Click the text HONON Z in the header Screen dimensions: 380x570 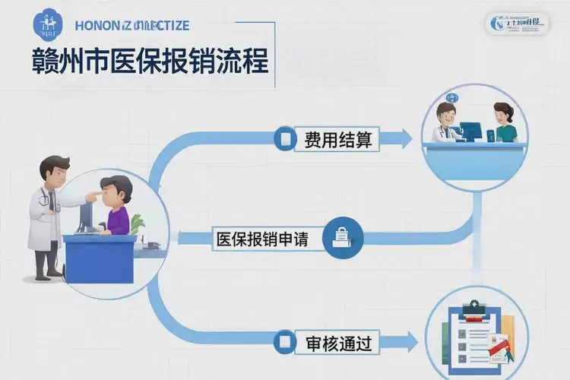pos(106,25)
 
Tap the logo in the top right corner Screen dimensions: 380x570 pos(516,22)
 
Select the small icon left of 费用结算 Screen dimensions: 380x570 pos(287,140)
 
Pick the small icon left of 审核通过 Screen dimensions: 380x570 pos(287,343)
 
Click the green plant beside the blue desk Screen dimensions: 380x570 pos(138,223)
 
